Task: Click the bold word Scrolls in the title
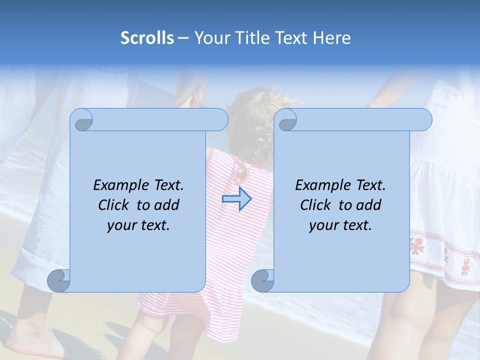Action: point(147,37)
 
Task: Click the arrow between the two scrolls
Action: point(236,199)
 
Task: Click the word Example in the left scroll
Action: point(118,185)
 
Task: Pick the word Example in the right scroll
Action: point(320,185)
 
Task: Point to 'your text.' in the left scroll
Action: point(138,225)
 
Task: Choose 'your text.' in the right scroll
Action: point(340,225)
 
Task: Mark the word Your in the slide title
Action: point(210,37)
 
